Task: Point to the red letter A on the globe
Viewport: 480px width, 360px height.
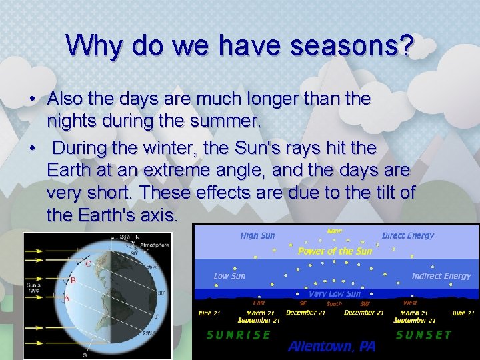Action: click(x=66, y=298)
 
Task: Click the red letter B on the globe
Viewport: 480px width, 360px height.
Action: click(x=73, y=280)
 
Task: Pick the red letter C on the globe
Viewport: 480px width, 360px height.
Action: click(x=88, y=263)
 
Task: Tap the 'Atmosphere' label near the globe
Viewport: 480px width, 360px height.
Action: click(x=154, y=245)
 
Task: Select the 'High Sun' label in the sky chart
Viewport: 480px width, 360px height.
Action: click(x=257, y=235)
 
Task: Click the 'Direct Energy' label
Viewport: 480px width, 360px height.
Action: click(x=407, y=235)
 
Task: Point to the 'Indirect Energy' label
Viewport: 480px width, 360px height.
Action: click(x=441, y=276)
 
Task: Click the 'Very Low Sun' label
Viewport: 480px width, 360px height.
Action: click(x=335, y=293)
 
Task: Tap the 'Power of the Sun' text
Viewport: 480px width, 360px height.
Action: click(x=335, y=251)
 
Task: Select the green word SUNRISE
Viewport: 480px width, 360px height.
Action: click(x=239, y=335)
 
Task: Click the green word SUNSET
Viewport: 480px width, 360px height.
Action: click(x=423, y=335)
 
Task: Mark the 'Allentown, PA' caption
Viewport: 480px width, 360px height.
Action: click(x=332, y=347)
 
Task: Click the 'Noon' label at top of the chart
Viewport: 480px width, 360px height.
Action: click(x=335, y=231)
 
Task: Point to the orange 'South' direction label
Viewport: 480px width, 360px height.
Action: click(x=334, y=304)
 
